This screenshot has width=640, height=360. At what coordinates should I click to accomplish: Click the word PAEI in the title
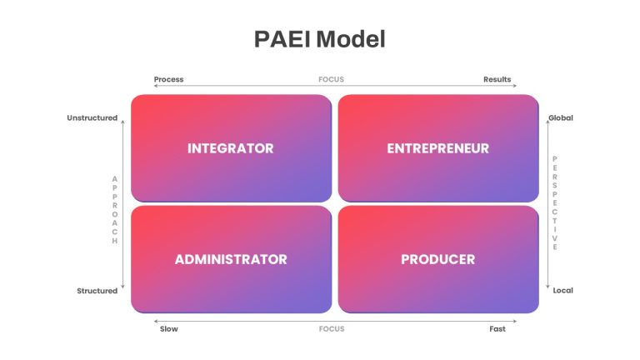tap(282, 39)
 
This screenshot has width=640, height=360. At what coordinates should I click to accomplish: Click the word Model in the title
tap(351, 39)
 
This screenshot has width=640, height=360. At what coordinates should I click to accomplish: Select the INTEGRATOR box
tap(232, 148)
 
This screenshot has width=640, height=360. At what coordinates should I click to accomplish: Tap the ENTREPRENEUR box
tap(438, 148)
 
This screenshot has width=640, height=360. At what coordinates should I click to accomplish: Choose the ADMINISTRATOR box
tap(232, 259)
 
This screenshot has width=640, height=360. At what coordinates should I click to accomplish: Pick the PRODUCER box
tap(438, 259)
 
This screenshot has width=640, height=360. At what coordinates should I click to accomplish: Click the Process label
tap(168, 79)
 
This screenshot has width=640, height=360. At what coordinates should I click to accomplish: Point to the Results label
tap(497, 79)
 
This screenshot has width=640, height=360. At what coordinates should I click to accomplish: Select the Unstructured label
tap(92, 118)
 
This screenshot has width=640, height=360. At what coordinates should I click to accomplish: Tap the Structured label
tap(97, 291)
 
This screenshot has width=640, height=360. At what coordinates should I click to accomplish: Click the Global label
tap(561, 118)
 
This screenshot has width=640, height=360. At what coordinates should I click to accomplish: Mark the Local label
tap(562, 290)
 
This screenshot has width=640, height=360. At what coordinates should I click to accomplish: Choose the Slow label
tap(169, 328)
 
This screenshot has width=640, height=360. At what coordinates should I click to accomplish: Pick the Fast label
tap(497, 328)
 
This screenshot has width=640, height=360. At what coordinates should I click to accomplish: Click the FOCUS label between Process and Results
tap(331, 79)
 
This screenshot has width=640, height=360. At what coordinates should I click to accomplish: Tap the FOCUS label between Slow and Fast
tap(332, 328)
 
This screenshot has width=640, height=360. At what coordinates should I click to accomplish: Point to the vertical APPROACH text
tap(115, 210)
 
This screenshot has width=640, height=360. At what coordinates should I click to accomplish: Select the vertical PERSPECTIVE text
tap(555, 202)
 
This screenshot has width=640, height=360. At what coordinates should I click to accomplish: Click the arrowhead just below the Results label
tap(515, 86)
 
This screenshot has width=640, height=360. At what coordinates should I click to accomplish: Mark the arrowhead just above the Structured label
tap(122, 287)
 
